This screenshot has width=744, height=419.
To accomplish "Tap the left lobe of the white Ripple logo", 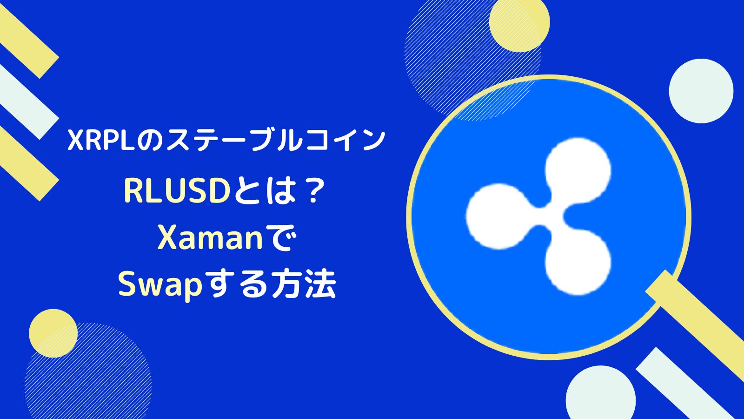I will tap(493, 216).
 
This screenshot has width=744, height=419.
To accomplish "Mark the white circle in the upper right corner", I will tap(701, 91).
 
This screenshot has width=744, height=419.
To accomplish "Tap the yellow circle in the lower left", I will tap(53, 333).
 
